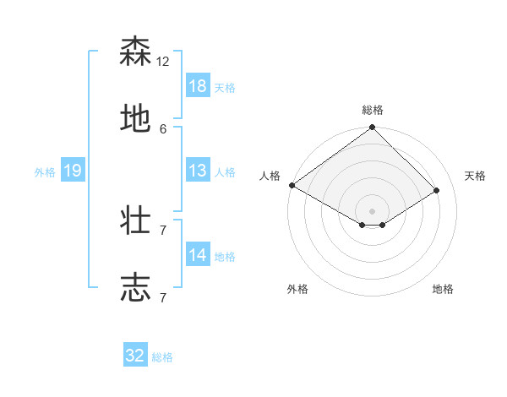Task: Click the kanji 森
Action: click(x=135, y=52)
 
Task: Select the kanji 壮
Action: click(x=135, y=220)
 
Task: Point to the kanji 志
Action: click(x=135, y=287)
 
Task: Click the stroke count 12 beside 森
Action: click(x=163, y=62)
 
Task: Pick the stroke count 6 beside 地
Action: click(x=163, y=128)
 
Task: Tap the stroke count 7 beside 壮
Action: click(x=163, y=230)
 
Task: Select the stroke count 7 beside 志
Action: click(x=163, y=297)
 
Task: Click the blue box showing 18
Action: click(x=197, y=85)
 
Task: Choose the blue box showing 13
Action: click(x=197, y=170)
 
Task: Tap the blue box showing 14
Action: click(x=197, y=254)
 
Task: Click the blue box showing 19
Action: click(x=73, y=171)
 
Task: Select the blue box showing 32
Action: click(x=135, y=356)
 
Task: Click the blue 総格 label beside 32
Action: click(x=162, y=357)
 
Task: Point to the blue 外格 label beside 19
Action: click(x=45, y=171)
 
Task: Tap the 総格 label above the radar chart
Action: click(x=372, y=110)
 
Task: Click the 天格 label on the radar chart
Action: click(x=475, y=176)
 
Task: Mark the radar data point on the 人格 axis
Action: click(x=292, y=185)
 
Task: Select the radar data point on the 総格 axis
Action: click(x=372, y=128)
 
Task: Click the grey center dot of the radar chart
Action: click(x=372, y=210)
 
